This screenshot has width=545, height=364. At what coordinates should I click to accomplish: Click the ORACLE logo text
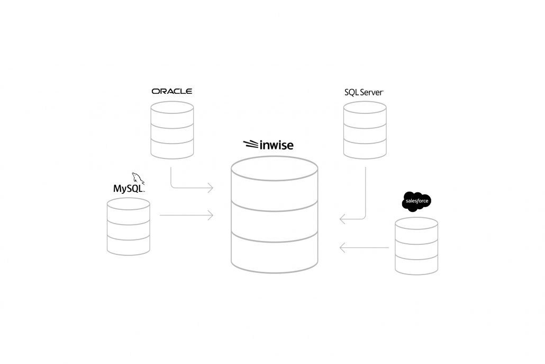171,91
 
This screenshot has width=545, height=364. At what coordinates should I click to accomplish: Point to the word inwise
276,145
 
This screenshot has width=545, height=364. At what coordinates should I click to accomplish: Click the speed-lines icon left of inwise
251,144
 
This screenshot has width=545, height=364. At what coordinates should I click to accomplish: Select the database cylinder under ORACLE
172,130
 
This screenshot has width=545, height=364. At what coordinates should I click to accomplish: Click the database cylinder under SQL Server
365,130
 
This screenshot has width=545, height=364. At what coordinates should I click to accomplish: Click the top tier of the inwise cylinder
274,185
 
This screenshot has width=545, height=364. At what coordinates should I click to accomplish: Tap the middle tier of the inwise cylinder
274,220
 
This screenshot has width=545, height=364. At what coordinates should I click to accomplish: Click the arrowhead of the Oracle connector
211,188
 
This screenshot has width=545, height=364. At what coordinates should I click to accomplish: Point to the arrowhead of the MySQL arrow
211,215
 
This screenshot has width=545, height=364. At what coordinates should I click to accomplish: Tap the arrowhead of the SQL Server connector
342,218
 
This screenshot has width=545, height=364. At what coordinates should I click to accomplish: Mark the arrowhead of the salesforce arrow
342,247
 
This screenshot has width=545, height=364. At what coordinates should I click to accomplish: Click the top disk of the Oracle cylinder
172,108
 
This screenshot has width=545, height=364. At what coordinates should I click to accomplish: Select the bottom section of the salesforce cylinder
416,265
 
